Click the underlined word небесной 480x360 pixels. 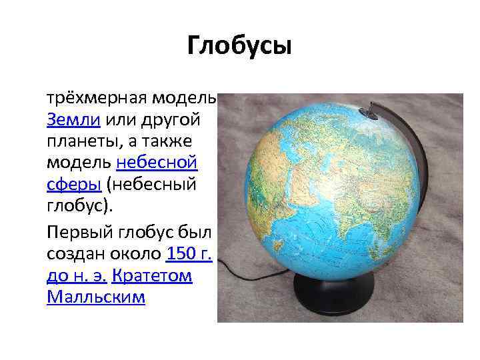[x=157, y=162]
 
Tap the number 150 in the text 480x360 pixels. [x=181, y=254]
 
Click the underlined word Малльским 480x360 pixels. [x=95, y=297]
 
